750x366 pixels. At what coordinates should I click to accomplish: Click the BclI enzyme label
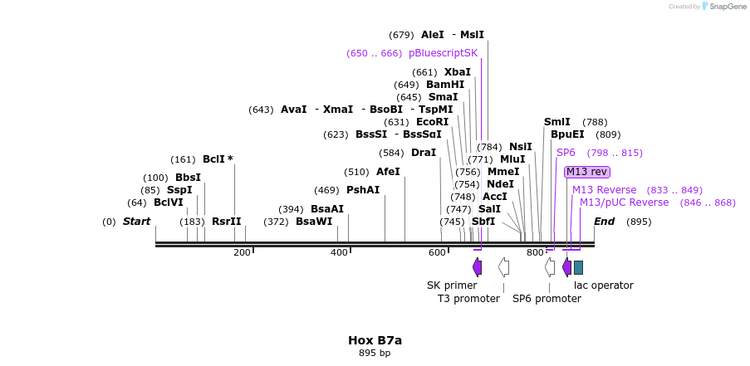[x=213, y=159]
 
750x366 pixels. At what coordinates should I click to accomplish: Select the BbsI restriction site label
[x=188, y=178]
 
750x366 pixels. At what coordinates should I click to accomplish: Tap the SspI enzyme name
[x=179, y=190]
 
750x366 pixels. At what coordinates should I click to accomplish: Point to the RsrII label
[x=226, y=222]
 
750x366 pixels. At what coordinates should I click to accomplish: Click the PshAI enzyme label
[x=363, y=190]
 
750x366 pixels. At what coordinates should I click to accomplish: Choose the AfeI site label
[x=388, y=172]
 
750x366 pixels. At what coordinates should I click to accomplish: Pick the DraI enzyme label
[x=424, y=153]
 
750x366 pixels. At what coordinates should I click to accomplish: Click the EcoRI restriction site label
[x=432, y=122]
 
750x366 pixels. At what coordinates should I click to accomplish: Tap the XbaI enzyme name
[x=457, y=72]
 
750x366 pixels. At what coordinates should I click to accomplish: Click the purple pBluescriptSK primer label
[x=443, y=53]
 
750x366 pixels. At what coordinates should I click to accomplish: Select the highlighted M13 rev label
[x=587, y=172]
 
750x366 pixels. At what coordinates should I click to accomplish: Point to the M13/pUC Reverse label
[x=624, y=203]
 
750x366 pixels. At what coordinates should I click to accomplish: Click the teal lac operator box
[x=578, y=267]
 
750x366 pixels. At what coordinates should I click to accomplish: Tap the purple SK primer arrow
[x=477, y=266]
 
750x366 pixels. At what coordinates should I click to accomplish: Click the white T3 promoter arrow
[x=503, y=266]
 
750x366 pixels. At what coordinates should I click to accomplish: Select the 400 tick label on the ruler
[x=339, y=252]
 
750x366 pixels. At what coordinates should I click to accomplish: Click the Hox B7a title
[x=375, y=340]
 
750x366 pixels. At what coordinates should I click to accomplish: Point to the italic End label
[x=604, y=222]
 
